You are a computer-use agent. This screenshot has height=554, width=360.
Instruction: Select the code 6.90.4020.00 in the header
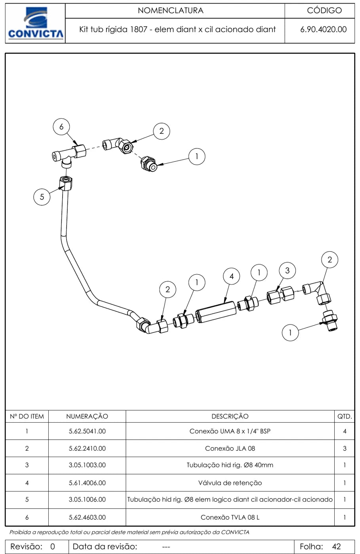click(323, 29)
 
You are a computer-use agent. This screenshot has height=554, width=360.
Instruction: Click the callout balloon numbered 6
click(61, 127)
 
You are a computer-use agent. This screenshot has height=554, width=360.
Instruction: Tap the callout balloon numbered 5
click(42, 197)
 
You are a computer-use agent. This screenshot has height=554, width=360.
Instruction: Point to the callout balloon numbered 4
click(232, 276)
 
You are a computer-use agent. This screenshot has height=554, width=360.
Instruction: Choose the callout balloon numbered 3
click(287, 271)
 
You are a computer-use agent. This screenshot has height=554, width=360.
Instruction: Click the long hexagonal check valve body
click(216, 312)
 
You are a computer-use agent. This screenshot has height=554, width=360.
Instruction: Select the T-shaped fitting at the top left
click(69, 155)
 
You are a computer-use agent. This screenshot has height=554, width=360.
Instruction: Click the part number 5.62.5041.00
click(87, 431)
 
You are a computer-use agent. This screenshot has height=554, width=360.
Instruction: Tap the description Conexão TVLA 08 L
click(230, 517)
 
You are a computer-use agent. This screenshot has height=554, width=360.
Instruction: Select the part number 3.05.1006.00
click(87, 499)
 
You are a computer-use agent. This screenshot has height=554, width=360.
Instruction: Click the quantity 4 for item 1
click(345, 431)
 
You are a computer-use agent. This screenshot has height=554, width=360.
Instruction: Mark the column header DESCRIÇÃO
click(230, 416)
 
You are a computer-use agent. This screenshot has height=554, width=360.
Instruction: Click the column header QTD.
click(345, 416)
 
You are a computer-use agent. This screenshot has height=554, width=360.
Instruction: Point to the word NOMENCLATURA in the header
click(171, 10)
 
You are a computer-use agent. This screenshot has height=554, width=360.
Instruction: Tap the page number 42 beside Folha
click(337, 546)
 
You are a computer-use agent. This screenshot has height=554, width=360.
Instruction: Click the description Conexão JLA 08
click(230, 448)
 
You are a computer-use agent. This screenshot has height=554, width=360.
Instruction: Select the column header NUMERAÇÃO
click(87, 416)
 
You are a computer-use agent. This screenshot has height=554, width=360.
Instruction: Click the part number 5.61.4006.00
click(87, 483)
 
